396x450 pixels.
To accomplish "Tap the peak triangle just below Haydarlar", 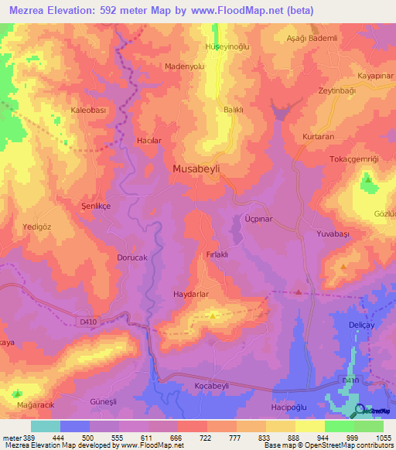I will (x=213, y=314).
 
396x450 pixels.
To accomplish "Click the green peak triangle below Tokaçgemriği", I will (x=367, y=180).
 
